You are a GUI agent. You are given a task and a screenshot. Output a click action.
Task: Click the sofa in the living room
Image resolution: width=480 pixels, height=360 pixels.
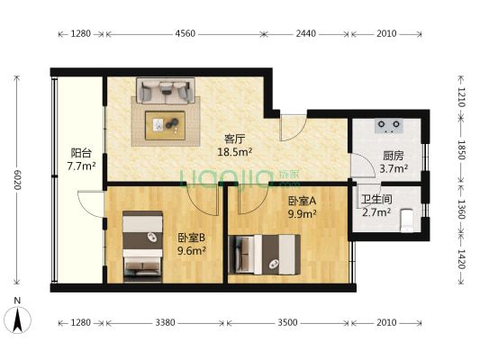tap(165, 91)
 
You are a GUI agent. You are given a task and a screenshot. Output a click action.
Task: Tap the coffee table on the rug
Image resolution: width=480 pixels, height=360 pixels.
tap(166, 124)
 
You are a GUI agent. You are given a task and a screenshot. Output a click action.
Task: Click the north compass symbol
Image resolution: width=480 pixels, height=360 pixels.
tap(18, 318)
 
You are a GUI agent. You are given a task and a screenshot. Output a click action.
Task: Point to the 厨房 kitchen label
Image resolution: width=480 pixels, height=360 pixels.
tap(393, 154)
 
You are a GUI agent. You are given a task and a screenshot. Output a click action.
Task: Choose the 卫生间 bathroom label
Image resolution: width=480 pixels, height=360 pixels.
tap(375, 199)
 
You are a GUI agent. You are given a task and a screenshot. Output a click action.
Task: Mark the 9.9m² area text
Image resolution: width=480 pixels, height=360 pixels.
tap(302, 213)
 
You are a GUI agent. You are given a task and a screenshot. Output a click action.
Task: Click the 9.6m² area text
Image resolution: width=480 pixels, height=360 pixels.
tap(191, 251)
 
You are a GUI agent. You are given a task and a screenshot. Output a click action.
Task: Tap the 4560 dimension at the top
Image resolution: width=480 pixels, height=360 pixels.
tap(185, 34)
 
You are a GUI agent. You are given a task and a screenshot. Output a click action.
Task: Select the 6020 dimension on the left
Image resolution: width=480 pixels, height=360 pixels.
tap(16, 179)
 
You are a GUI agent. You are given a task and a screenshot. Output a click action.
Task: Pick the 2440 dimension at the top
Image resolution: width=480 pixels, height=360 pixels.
tap(305, 34)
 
